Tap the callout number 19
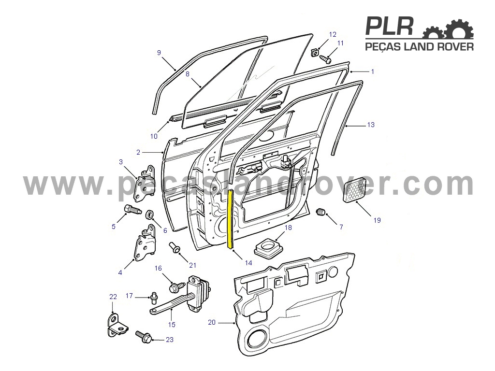377,220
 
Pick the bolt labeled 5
132,209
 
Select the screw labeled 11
325,59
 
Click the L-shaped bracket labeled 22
117,325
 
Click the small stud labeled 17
154,298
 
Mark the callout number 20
212,322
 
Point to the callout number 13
371,125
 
